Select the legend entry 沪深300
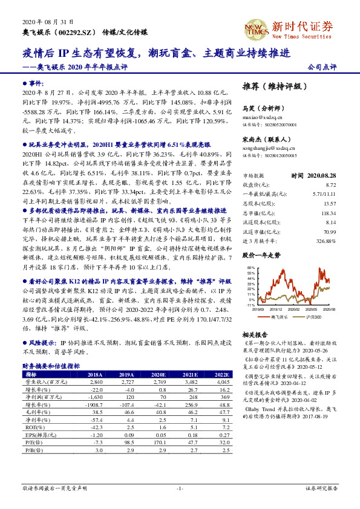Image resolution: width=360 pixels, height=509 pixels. point(316,317)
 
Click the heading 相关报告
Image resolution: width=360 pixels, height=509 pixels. point(254,334)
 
